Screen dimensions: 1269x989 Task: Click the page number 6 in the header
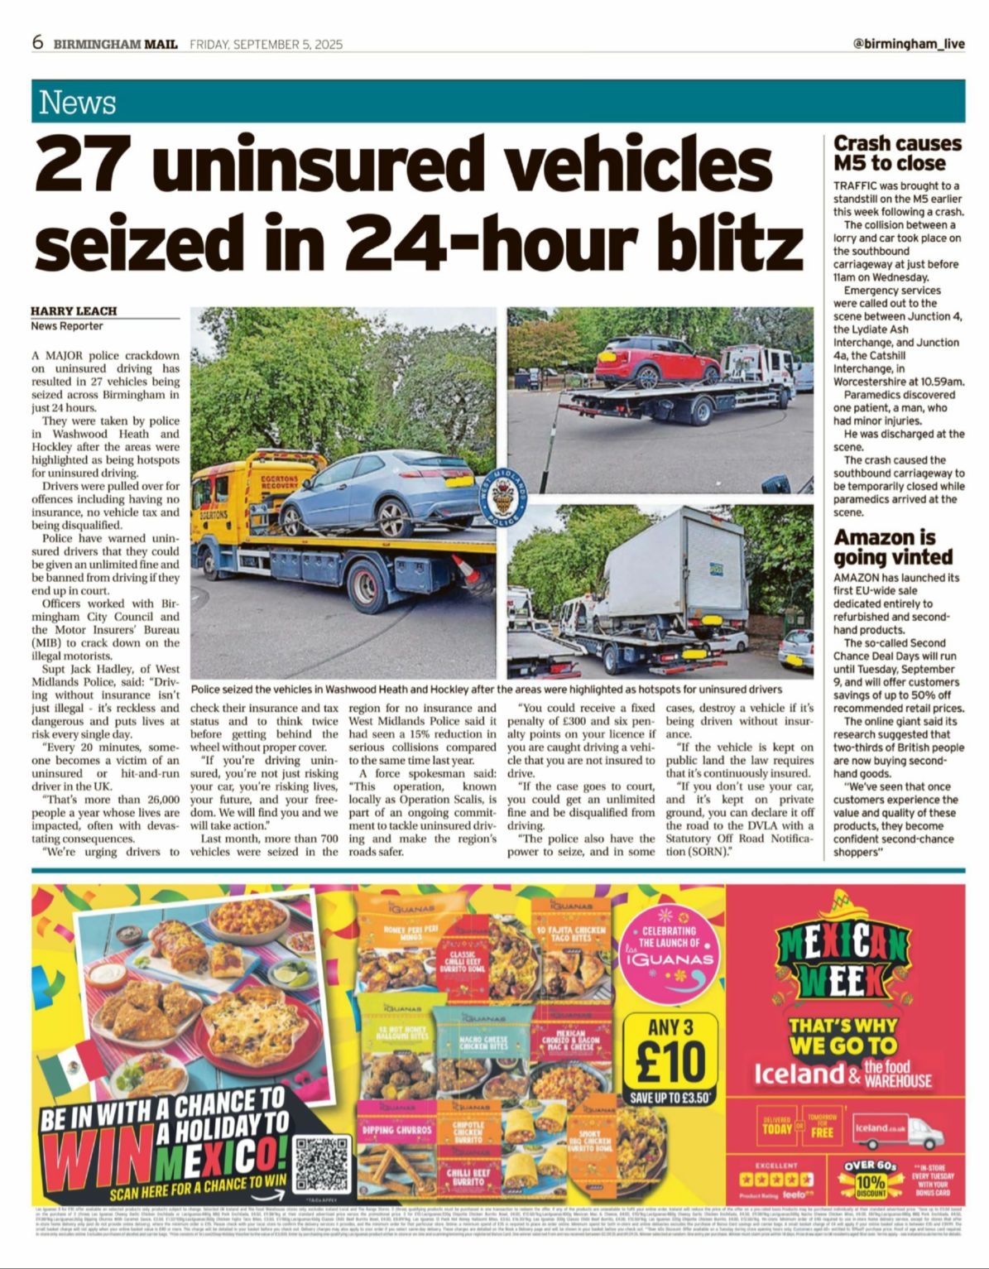click(x=38, y=43)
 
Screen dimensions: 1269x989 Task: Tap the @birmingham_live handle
click(x=908, y=44)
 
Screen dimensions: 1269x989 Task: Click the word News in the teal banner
click(x=78, y=103)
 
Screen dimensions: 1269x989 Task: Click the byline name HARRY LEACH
click(x=74, y=311)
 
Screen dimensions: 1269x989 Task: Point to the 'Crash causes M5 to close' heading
click(x=897, y=153)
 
